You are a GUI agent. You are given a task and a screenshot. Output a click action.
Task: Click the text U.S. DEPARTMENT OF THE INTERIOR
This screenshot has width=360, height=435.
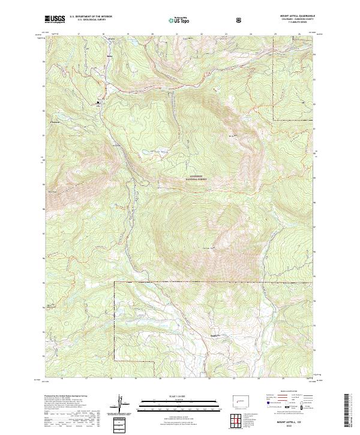click(x=90, y=17)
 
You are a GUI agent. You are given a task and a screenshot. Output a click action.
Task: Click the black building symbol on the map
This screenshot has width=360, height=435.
click(x=100, y=104)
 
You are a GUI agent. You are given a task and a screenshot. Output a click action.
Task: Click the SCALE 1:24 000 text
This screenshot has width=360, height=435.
click(x=170, y=395)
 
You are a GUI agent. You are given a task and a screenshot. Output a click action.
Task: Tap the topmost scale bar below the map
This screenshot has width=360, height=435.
click(x=170, y=400)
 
